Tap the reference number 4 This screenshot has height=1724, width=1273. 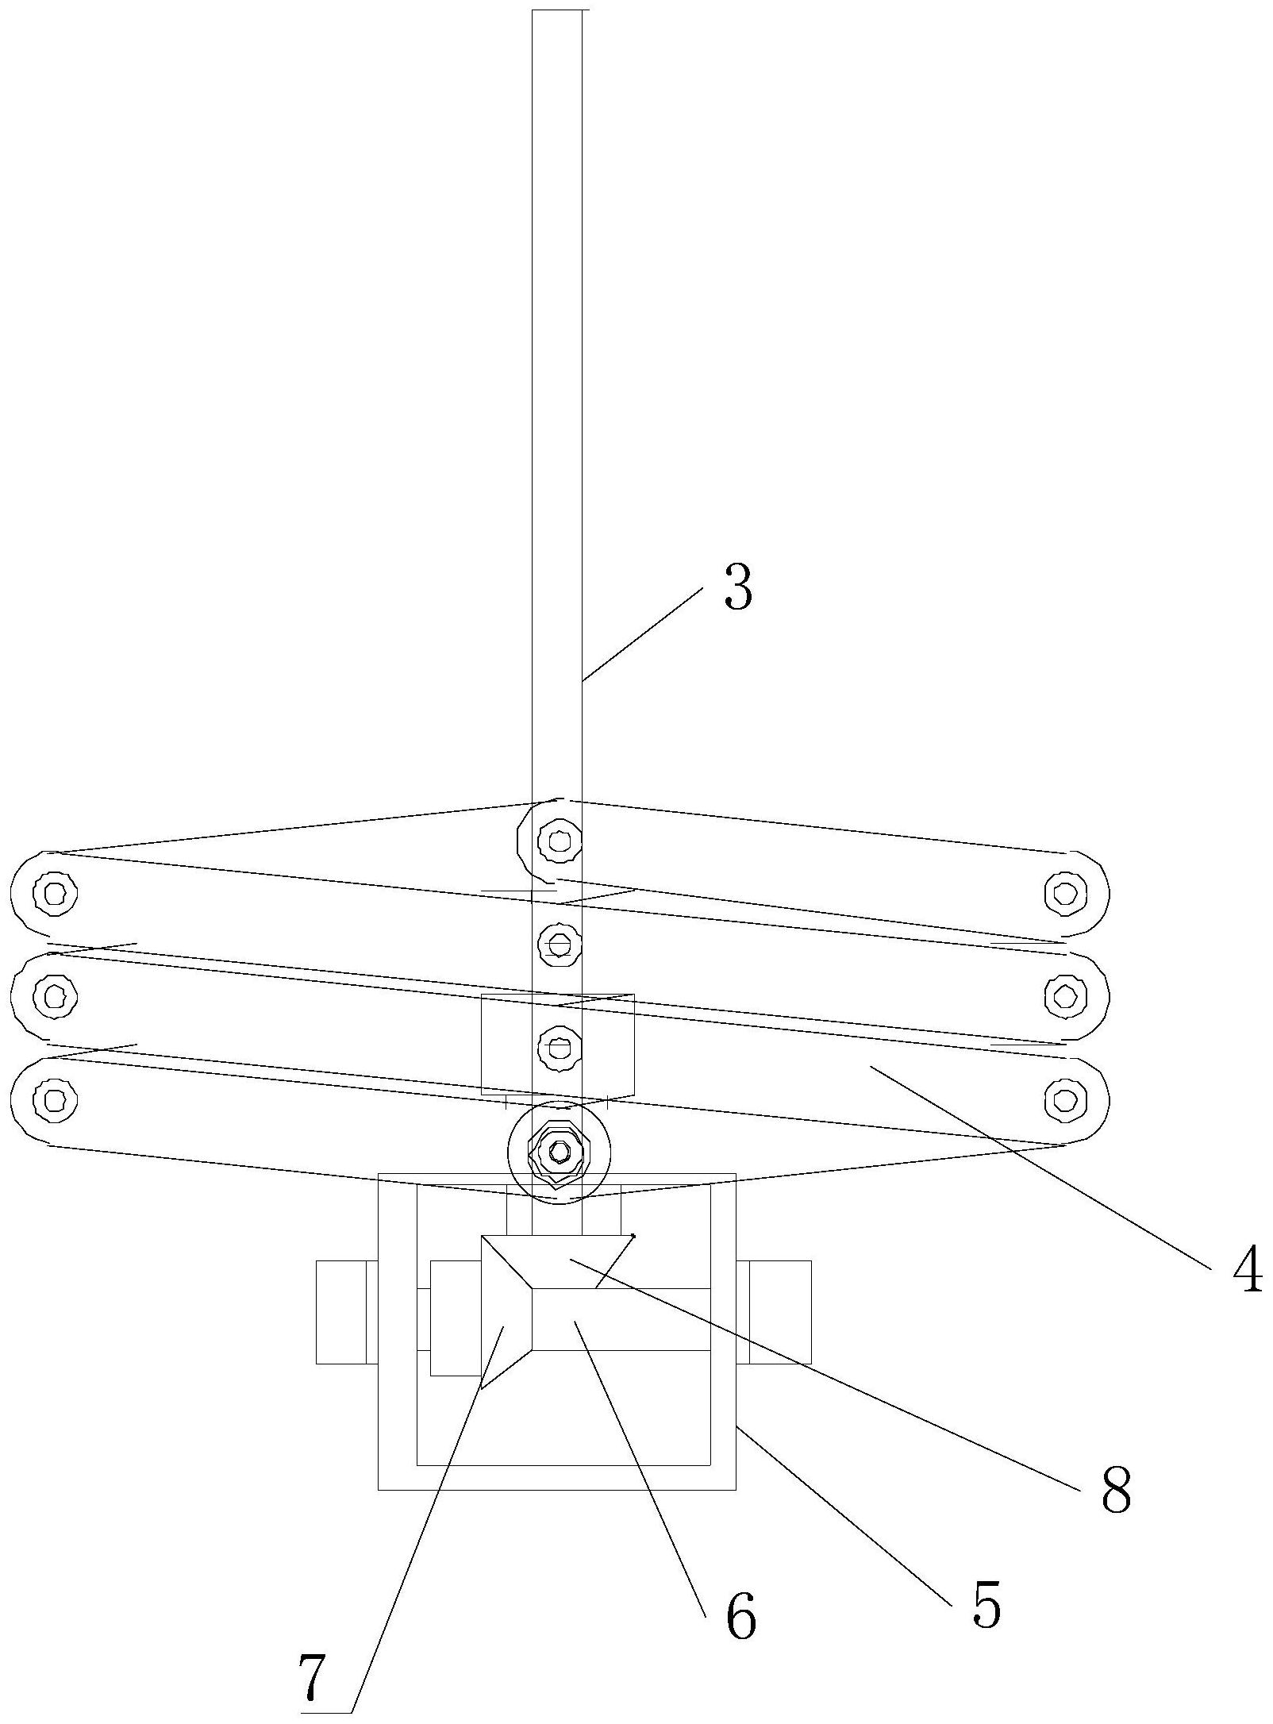click(x=1247, y=1270)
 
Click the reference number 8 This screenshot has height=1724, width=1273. click(x=1115, y=1490)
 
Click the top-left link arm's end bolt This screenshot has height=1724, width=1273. click(x=55, y=894)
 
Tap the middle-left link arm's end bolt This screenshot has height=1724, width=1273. click(x=55, y=995)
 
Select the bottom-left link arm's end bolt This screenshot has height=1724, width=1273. click(x=55, y=1099)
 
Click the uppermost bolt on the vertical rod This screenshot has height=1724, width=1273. click(x=560, y=839)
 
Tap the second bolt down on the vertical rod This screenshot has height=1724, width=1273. click(x=560, y=945)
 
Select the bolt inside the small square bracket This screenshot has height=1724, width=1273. click(x=560, y=1049)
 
